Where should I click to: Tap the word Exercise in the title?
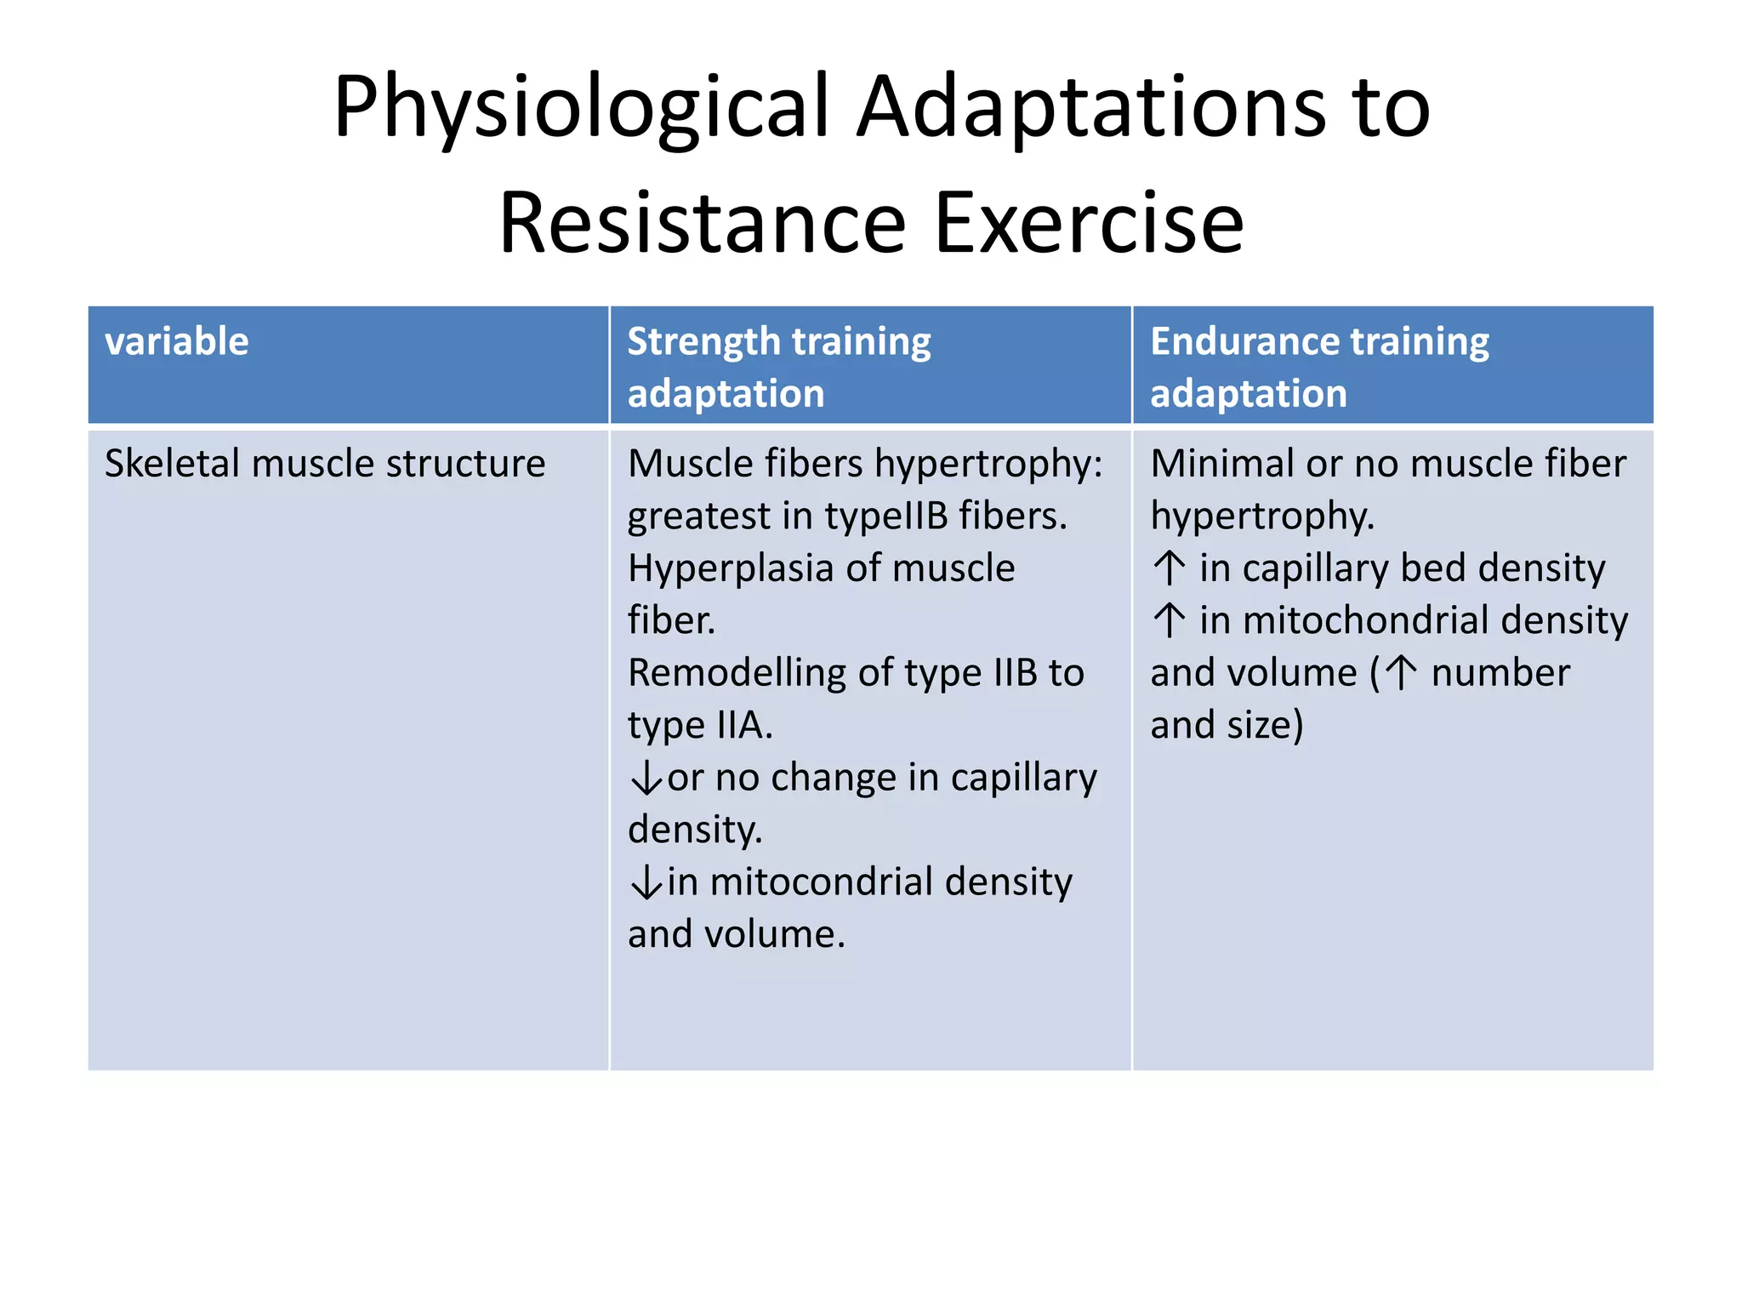tap(1088, 224)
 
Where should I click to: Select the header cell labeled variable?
tap(177, 342)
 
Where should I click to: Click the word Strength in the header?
tap(703, 342)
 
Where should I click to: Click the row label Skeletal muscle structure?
tap(324, 465)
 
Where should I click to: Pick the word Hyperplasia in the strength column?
tap(729, 568)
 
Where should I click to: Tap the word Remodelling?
tap(736, 673)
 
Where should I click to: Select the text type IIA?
tap(698, 726)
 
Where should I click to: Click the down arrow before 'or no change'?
tap(646, 779)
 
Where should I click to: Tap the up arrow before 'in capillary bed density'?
tap(1170, 568)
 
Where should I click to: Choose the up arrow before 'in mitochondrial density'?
tap(1170, 620)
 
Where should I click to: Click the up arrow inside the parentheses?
tap(1401, 673)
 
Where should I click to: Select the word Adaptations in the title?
tap(1090, 108)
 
